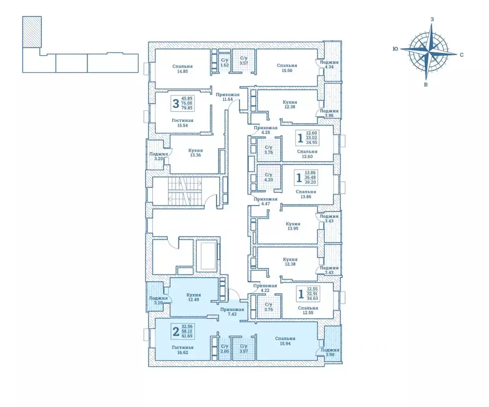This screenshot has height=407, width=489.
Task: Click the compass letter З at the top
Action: pos(432,19)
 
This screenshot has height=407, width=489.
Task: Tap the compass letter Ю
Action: pos(395,49)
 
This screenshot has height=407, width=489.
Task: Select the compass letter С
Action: pos(461,55)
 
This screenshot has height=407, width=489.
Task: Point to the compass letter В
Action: pos(426,84)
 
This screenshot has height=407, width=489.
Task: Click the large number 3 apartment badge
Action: pos(176,103)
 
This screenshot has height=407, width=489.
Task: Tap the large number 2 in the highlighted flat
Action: pos(176,332)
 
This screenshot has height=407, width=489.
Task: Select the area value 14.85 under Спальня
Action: pos(182,72)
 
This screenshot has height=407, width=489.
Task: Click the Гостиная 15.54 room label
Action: pos(182,123)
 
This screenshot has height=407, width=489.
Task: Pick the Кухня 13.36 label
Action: pos(196,153)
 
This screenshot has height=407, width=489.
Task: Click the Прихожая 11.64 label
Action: pos(228,97)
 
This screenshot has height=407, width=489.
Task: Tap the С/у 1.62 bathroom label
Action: pos(224,63)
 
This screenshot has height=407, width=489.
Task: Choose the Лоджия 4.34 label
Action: pos(329,64)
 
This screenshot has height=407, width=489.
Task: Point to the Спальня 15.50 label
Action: pos(287,68)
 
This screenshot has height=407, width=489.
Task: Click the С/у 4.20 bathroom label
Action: pos(268,178)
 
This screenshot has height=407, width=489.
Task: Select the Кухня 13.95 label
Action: pos(293,226)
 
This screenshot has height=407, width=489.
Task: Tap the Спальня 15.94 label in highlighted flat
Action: pos(285,341)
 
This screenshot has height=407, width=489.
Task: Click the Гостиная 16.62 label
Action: pos(182,350)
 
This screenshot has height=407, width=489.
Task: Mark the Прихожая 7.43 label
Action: pos(232,312)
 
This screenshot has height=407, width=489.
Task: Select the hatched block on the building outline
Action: pos(32,32)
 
